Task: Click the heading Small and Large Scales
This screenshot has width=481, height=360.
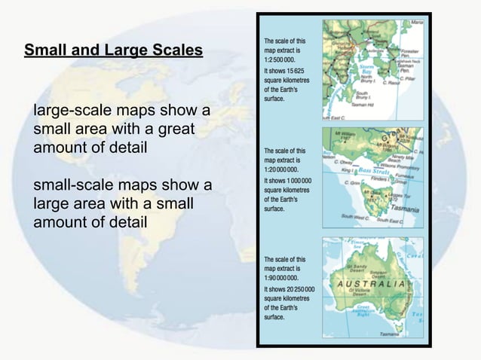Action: tap(113, 51)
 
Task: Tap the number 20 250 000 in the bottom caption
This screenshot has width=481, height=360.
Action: tap(299, 288)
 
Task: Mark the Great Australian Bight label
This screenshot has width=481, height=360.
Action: tap(367, 309)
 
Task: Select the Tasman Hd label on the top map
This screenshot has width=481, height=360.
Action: tap(366, 106)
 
